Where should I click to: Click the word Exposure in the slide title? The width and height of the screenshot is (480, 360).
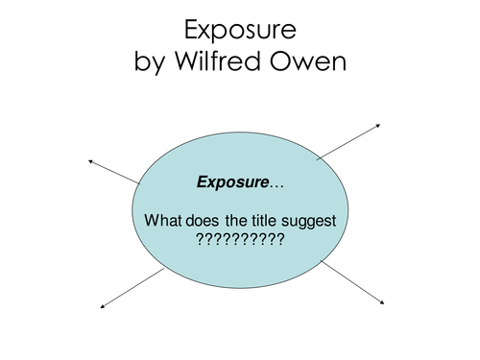coord(240,32)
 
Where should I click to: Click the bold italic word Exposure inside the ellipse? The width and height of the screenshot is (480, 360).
coord(233,180)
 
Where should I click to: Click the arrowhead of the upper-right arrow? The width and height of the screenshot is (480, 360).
coord(380,125)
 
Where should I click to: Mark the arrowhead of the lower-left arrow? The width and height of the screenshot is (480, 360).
coord(103,305)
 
